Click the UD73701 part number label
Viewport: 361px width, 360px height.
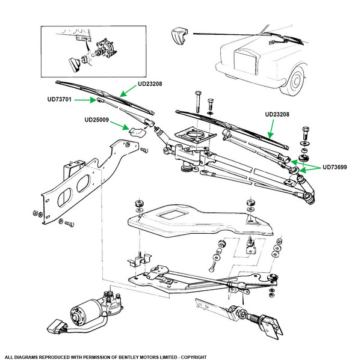pyautogui.click(x=60, y=99)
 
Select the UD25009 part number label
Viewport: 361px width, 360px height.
pyautogui.click(x=97, y=120)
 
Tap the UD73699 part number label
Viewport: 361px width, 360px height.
pyautogui.click(x=335, y=167)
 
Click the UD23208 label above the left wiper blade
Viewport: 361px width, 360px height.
pyautogui.click(x=150, y=84)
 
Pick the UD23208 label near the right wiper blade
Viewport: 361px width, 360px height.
pyautogui.click(x=277, y=114)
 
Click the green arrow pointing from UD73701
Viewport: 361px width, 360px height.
pyautogui.click(x=85, y=100)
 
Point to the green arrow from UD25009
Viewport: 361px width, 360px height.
pyautogui.click(x=119, y=125)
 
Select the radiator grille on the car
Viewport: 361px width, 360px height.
pyautogui.click(x=245, y=62)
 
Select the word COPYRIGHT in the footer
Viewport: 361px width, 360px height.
pyautogui.click(x=194, y=357)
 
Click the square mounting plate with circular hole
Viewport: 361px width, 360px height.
pyautogui.click(x=196, y=135)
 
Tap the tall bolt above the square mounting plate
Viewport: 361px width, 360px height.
pyautogui.click(x=198, y=102)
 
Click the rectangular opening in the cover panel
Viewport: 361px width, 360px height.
pyautogui.click(x=171, y=215)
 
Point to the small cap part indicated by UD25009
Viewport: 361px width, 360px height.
pyautogui.click(x=137, y=132)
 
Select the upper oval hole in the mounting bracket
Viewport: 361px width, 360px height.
pyautogui.click(x=84, y=183)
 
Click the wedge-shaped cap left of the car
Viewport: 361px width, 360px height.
pyautogui.click(x=179, y=35)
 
